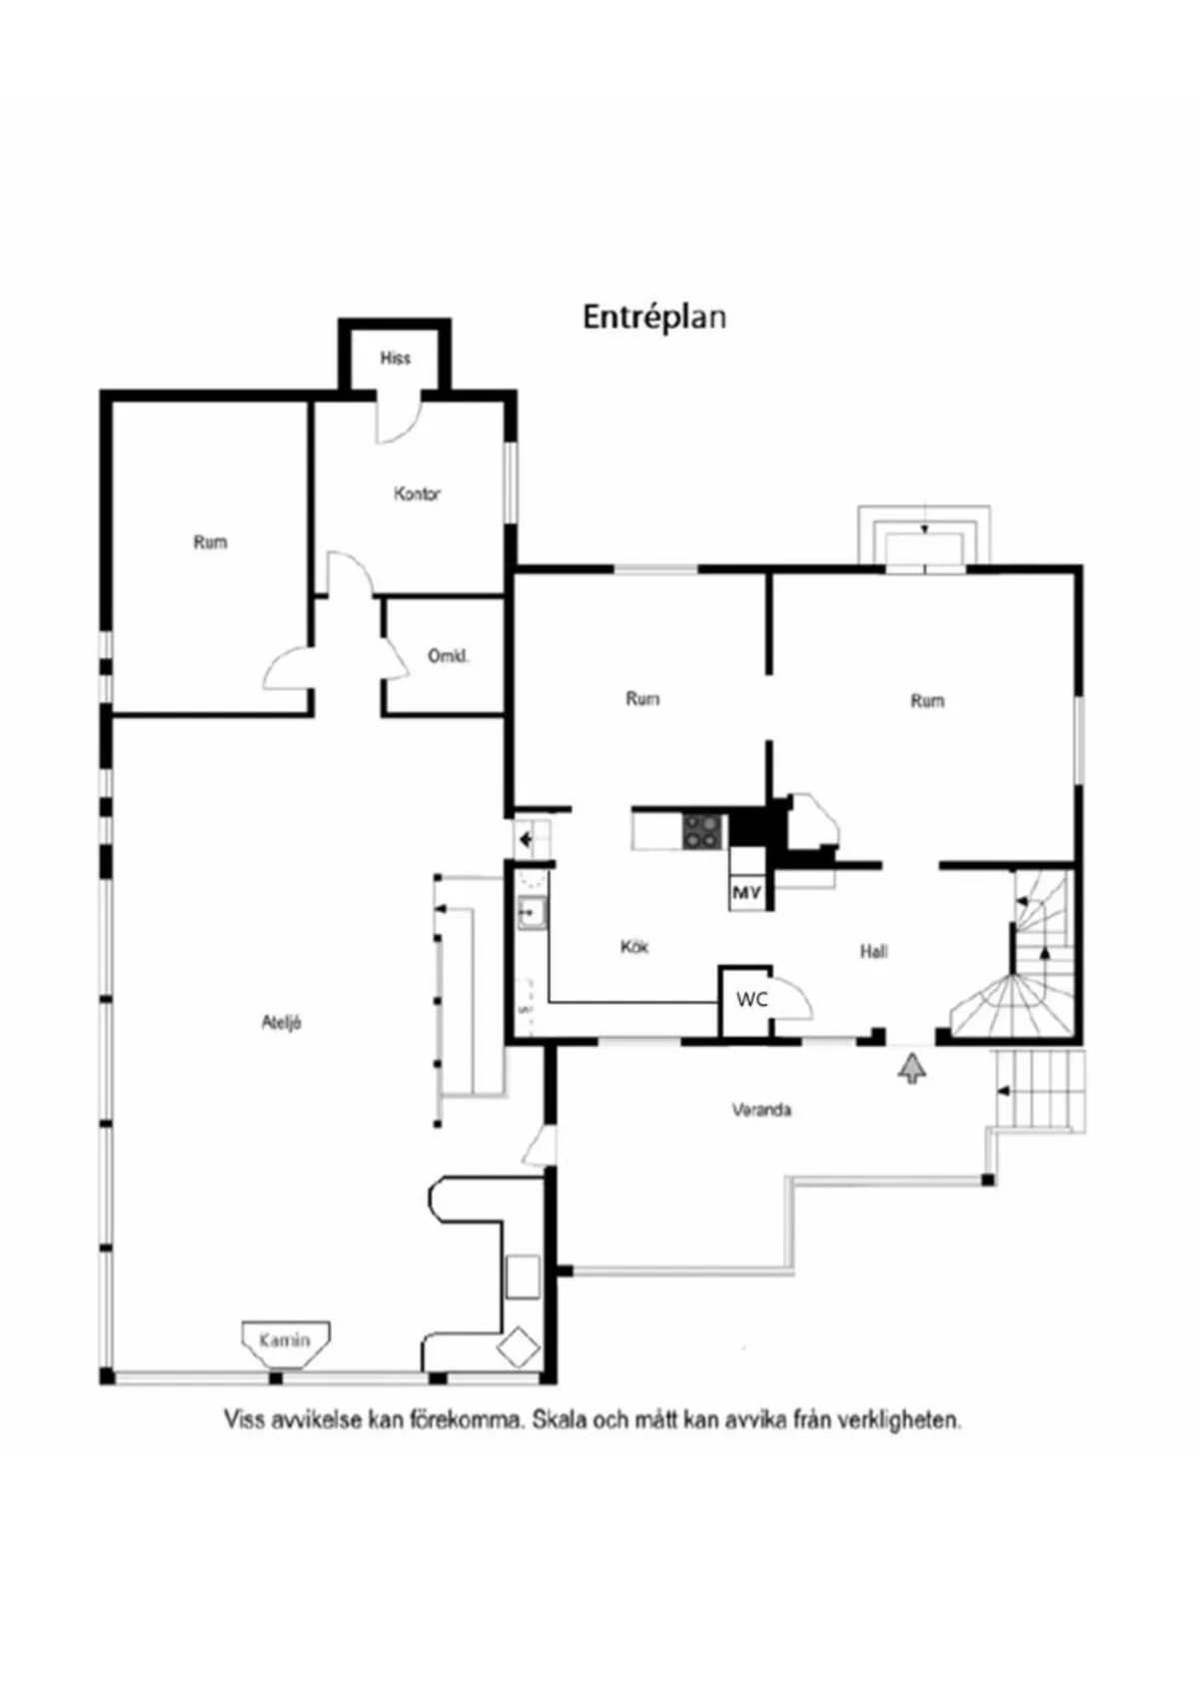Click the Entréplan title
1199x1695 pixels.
coord(653,318)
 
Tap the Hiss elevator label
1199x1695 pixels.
coord(395,358)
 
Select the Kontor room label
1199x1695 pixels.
coord(417,493)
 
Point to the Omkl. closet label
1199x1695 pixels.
coord(448,656)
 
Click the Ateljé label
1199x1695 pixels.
coord(282,1022)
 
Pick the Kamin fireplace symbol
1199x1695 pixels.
coord(285,1340)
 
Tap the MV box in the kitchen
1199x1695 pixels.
coord(746,891)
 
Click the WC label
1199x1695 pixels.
coord(751,999)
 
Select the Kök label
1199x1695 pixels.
coord(634,946)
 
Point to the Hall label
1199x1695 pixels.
coord(874,951)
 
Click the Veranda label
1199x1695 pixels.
coord(761,1110)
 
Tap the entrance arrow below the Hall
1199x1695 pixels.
coord(911,1069)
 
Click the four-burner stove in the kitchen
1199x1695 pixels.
coord(703,831)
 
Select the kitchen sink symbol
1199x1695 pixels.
coord(531,913)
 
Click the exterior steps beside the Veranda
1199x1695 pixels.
coord(1040,1091)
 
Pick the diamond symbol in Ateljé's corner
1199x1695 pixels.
coord(519,1347)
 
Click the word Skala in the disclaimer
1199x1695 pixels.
coord(559,1419)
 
